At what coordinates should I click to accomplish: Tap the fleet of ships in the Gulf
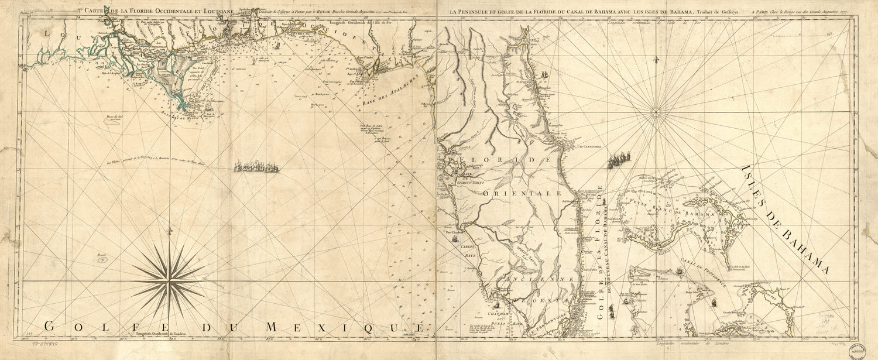(256, 167)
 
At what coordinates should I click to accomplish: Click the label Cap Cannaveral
(588, 148)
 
